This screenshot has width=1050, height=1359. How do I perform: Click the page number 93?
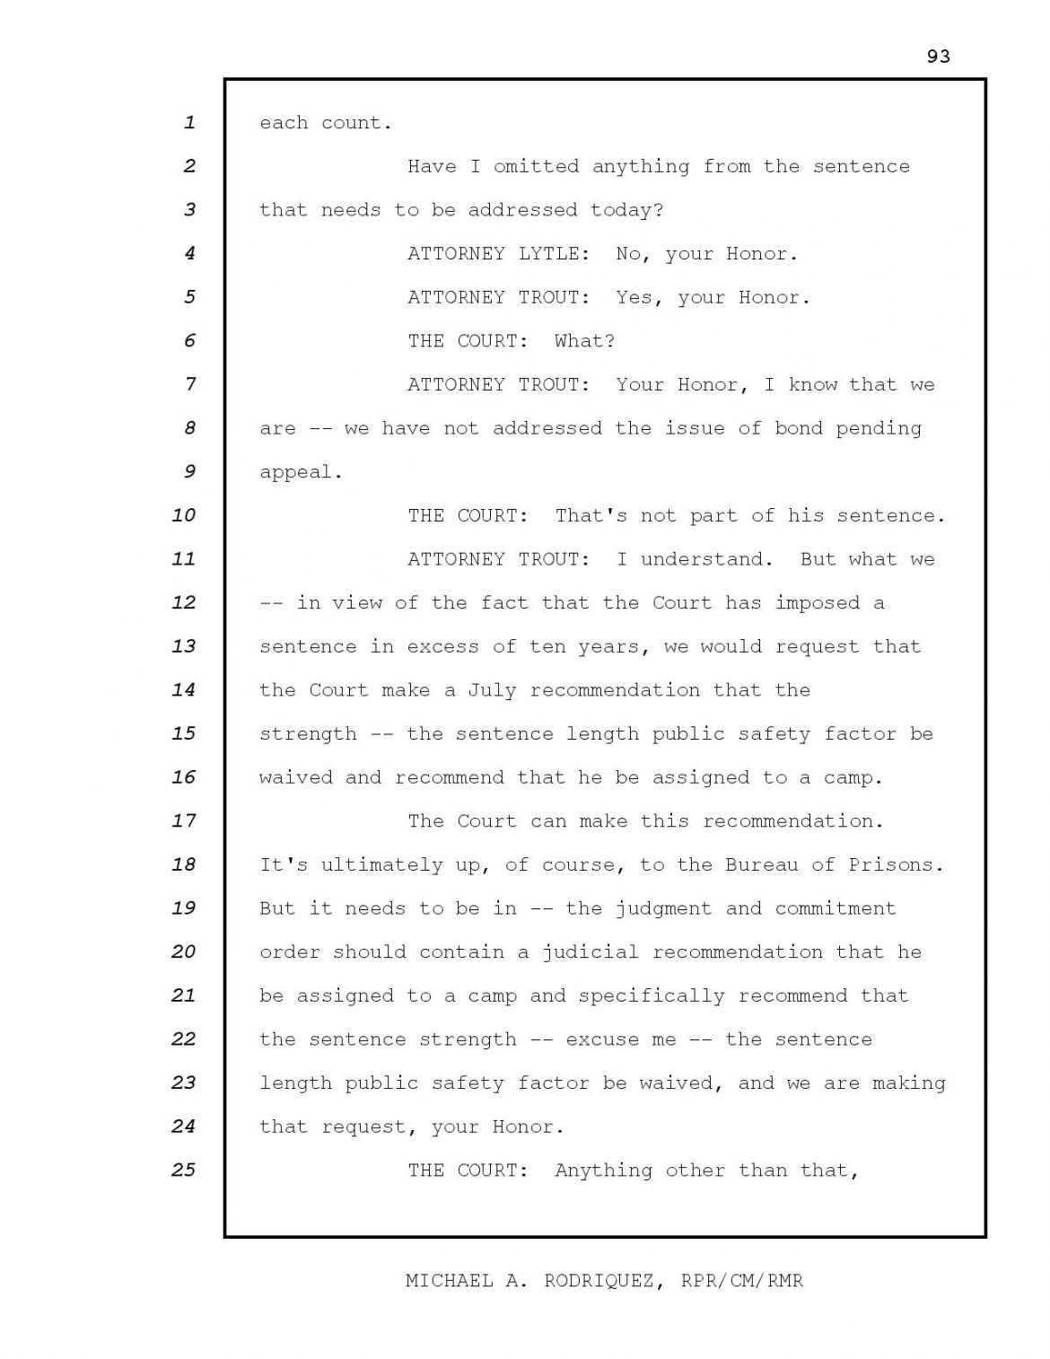click(938, 57)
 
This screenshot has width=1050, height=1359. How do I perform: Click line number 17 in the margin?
click(183, 820)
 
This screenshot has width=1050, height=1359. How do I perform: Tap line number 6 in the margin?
click(188, 340)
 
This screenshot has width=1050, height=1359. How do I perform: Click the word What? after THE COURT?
click(584, 341)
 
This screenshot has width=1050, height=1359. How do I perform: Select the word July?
click(492, 690)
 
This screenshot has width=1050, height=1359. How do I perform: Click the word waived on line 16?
click(295, 777)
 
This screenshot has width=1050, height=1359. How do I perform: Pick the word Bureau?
click(762, 864)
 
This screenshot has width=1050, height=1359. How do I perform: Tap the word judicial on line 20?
click(590, 951)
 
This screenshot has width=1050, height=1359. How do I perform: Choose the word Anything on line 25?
click(603, 1170)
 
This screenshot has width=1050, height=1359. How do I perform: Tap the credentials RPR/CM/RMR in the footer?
click(741, 1281)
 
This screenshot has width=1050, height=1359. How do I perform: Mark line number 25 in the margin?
click(183, 1170)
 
